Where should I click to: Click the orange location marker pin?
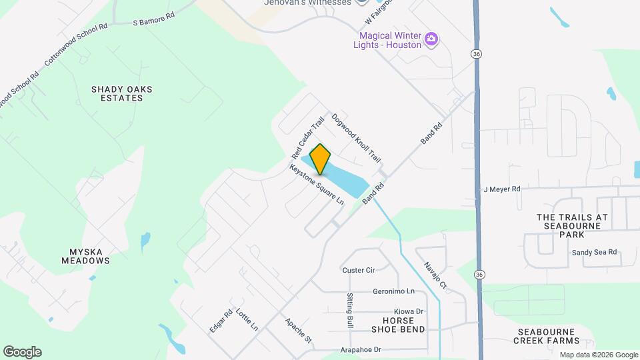pyautogui.click(x=320, y=159)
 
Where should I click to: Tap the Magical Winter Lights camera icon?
pyautogui.click(x=431, y=39)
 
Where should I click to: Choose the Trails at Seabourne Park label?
pyautogui.click(x=573, y=225)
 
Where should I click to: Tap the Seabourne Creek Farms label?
pyautogui.click(x=545, y=336)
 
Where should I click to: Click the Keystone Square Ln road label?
pyautogui.click(x=317, y=184)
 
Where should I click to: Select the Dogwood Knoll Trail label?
pyautogui.click(x=356, y=138)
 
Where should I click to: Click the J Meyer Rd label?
pyautogui.click(x=501, y=189)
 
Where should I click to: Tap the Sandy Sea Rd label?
pyautogui.click(x=595, y=253)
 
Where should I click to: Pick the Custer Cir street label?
pyautogui.click(x=359, y=270)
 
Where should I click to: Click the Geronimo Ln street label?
pyautogui.click(x=393, y=291)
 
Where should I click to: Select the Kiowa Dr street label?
pyautogui.click(x=409, y=311)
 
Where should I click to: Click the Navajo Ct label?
pyautogui.click(x=434, y=275)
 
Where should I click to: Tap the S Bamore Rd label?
pyautogui.click(x=155, y=22)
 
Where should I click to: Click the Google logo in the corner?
pyautogui.click(x=22, y=352)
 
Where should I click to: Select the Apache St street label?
pyautogui.click(x=299, y=330)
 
